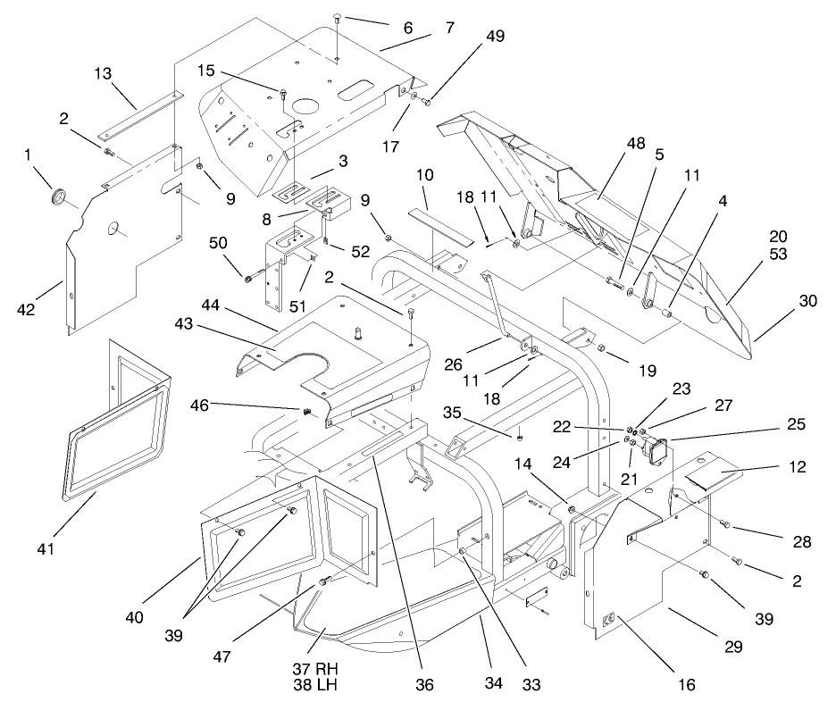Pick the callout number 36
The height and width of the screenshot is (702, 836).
coord(424,685)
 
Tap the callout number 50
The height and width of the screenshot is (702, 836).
coord(219,244)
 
